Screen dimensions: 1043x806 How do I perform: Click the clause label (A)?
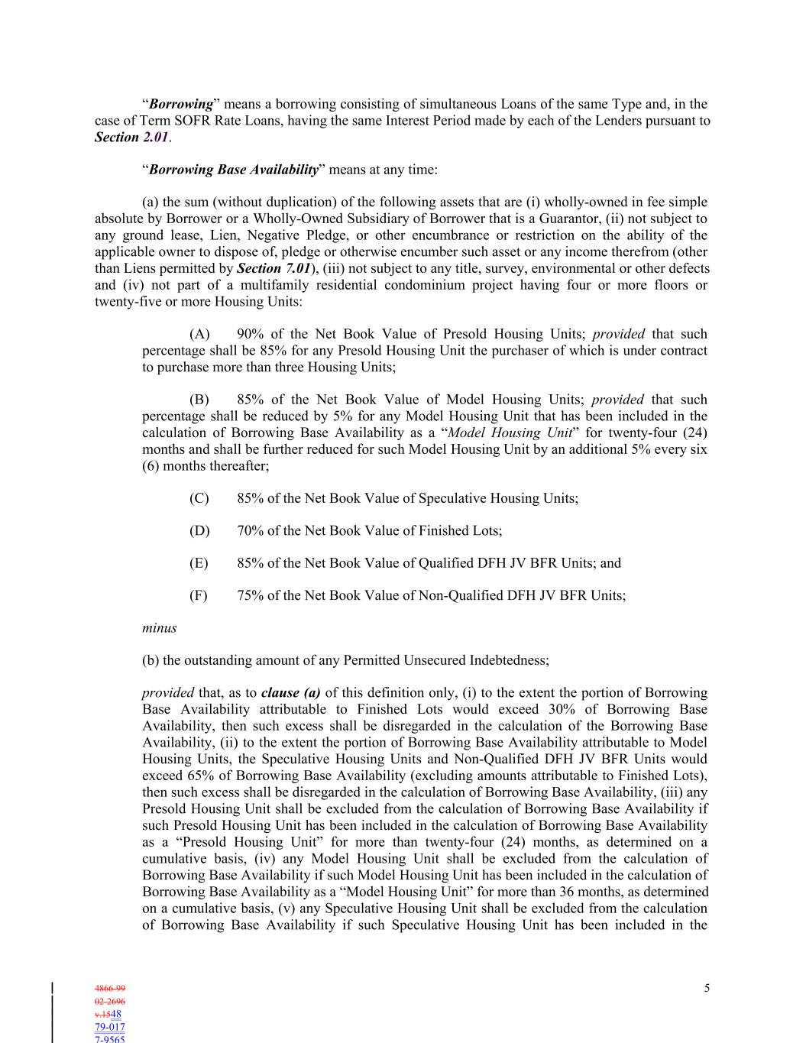pyautogui.click(x=199, y=334)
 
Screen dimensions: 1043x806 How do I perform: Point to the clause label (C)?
pyautogui.click(x=199, y=498)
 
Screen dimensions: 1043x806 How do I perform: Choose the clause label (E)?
pyautogui.click(x=199, y=563)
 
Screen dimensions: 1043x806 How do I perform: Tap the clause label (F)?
pyautogui.click(x=199, y=595)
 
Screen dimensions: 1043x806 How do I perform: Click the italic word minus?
pyautogui.click(x=159, y=628)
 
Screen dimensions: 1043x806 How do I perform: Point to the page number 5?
pyautogui.click(x=707, y=989)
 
